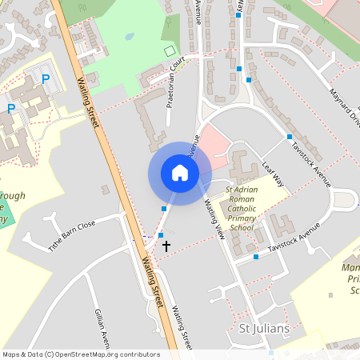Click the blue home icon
point(179,173)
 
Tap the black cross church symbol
point(166,246)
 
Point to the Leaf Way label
point(273,174)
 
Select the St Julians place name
point(264,329)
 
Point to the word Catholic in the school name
point(241,208)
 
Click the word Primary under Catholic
point(241,218)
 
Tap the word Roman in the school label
point(241,198)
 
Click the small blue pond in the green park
point(128,37)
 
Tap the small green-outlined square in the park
point(169,51)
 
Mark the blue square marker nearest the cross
point(161,235)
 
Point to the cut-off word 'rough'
point(13,195)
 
